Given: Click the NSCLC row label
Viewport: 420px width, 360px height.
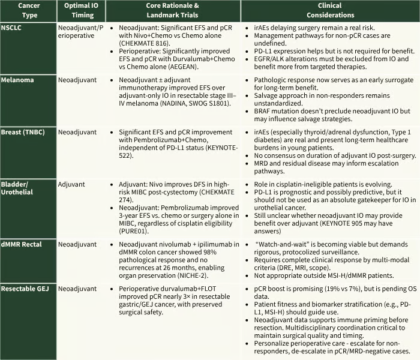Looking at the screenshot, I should pos(14,28).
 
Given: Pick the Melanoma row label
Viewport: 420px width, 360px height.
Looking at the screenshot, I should pos(19,79).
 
